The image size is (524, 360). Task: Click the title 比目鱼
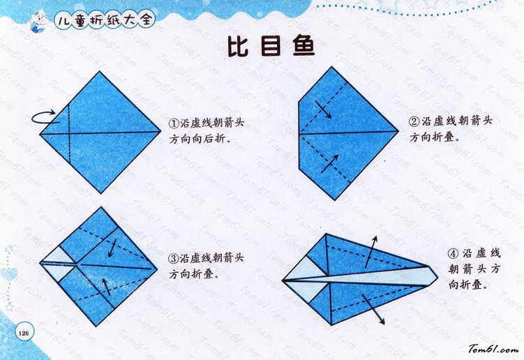(x=271, y=47)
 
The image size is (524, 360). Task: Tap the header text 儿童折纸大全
(x=105, y=20)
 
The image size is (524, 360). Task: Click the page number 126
(x=24, y=333)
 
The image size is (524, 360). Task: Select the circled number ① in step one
(x=174, y=123)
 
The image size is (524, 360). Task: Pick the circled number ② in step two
(x=414, y=121)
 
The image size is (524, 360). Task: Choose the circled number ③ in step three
(x=174, y=258)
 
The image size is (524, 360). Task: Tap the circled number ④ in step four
(x=453, y=254)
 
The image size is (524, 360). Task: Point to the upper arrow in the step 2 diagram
(x=323, y=110)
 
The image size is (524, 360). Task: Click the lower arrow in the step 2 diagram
(x=330, y=163)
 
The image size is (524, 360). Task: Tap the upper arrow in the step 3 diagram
(x=112, y=248)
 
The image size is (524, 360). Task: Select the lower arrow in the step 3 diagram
(x=106, y=287)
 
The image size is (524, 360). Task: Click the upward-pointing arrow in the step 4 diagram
(x=371, y=252)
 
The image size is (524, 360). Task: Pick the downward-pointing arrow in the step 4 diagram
(x=373, y=309)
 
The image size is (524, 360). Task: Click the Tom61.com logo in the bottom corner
(x=493, y=350)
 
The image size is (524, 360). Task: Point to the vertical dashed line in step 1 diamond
(x=69, y=134)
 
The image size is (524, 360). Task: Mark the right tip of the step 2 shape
(x=398, y=131)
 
